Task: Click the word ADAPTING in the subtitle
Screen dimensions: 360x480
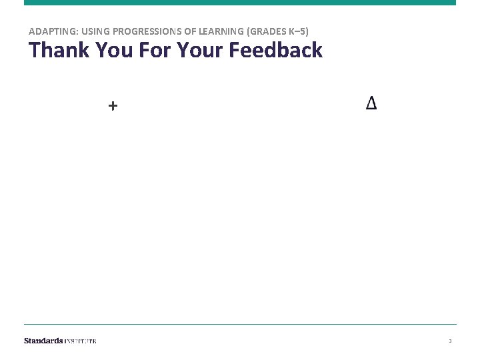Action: coord(50,31)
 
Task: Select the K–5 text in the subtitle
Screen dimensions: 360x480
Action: coord(297,31)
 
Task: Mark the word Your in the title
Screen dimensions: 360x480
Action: coord(195,50)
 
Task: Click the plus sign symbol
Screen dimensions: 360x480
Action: coord(113,105)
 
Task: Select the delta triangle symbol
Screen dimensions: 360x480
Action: coord(371,103)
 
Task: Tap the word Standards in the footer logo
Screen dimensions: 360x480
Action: coord(43,341)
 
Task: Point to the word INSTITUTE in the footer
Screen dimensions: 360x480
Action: coord(81,341)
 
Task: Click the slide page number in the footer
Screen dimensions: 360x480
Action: coord(450,341)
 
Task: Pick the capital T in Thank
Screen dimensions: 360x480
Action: coord(33,50)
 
